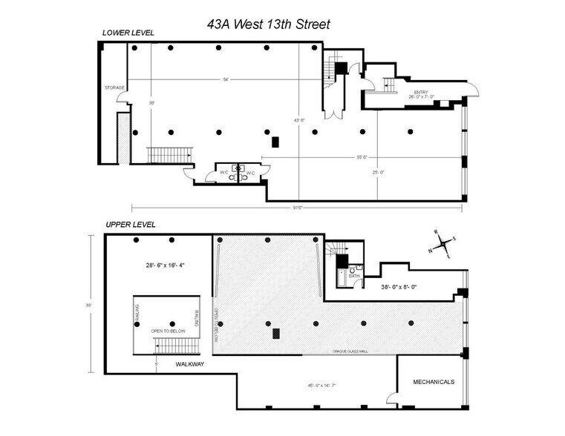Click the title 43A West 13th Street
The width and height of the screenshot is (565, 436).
pos(268,24)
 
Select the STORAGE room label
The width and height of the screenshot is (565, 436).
pos(114,87)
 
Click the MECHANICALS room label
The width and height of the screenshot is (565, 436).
pos(434,382)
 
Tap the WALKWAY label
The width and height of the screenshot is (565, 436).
pos(190,365)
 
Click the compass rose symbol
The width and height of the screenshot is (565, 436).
pos(443,243)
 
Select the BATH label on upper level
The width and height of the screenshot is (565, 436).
pos(354,276)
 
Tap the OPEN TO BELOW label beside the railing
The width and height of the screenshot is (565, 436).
pos(168,331)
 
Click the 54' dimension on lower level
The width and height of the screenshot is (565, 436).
pos(225,79)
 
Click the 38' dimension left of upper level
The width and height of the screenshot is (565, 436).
pos(88,304)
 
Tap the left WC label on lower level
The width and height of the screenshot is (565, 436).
pos(223,173)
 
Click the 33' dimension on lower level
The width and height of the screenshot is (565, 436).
pos(151,102)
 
